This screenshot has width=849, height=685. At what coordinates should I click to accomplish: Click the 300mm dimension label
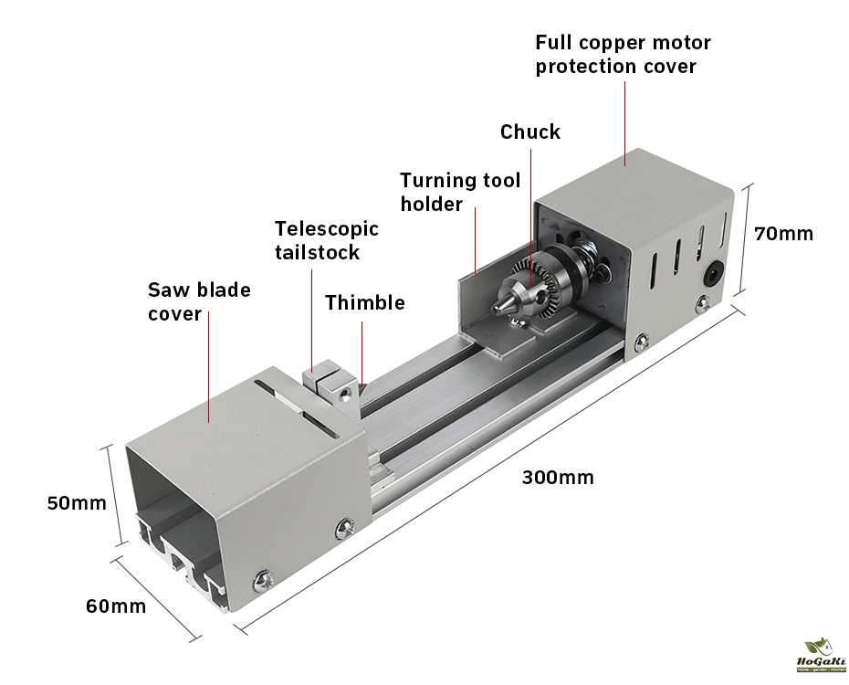[x=558, y=477]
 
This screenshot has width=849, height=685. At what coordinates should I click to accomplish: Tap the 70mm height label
[x=783, y=233]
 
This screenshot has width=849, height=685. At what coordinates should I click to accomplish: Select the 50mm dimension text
[x=77, y=502]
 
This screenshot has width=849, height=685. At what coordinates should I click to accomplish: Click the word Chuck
[x=530, y=132]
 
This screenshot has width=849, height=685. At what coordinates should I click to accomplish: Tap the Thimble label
[x=364, y=302]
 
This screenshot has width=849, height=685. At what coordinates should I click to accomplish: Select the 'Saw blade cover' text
[x=199, y=301]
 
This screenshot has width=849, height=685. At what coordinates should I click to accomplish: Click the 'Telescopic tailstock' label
[x=326, y=239]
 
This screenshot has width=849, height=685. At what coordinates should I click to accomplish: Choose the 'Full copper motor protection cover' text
[x=623, y=54]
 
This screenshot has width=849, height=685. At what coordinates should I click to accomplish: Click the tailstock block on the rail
[x=328, y=385]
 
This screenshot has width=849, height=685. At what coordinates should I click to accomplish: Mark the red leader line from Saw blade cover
[x=209, y=365]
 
